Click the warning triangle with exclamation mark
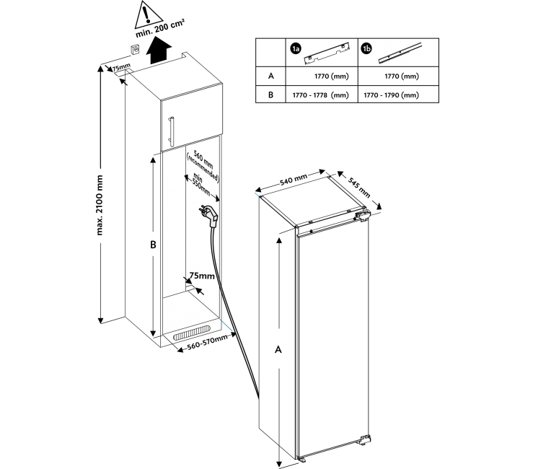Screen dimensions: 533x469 coord(149,15)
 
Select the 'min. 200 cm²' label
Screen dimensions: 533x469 coord(160,29)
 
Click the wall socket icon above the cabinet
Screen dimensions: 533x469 coord(136,49)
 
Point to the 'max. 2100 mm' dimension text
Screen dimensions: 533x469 coord(100,205)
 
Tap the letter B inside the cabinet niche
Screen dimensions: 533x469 coord(153,245)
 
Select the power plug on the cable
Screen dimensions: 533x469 coord(208,216)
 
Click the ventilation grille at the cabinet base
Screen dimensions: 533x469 coord(192,333)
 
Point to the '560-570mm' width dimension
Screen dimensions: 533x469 coord(207,342)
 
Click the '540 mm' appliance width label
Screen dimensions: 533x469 coord(294,179)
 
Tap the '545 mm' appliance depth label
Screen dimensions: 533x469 coord(358,188)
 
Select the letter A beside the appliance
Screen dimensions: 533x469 coord(278,349)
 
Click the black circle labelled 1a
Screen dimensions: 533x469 coord(296,49)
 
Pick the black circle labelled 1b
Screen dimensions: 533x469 coord(367,49)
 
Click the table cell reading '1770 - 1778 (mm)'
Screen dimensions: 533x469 coord(321,95)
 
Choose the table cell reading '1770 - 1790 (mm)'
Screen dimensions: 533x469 coord(391,95)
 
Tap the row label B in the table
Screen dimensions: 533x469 coord(270,95)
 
